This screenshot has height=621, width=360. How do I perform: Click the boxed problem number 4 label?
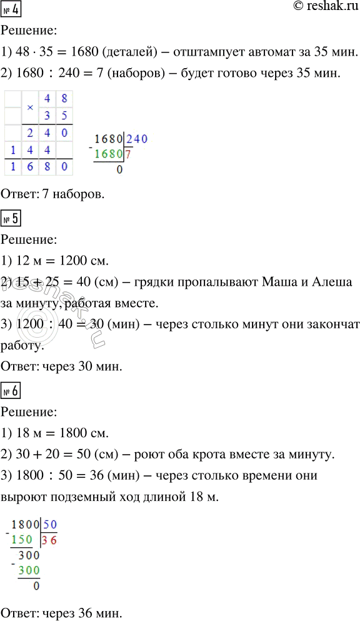pos(12,11)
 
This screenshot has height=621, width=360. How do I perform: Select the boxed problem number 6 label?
pos(12,392)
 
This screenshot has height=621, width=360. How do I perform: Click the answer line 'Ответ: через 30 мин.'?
pos(62,367)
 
